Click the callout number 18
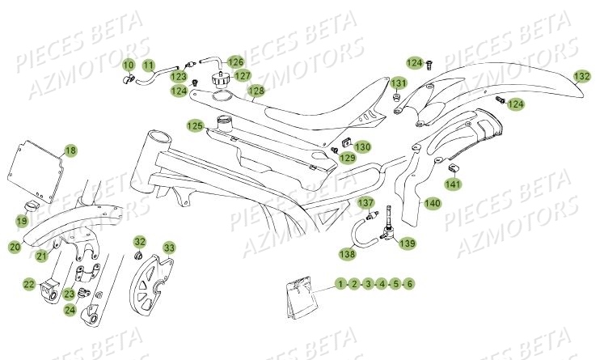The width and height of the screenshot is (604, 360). (x=70, y=150)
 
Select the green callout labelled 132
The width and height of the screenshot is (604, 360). (x=581, y=76)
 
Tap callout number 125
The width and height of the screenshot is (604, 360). (x=195, y=125)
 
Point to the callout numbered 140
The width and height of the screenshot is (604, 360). (x=433, y=203)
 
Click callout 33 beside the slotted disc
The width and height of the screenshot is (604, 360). (x=169, y=247)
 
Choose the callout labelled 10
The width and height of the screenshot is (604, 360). (x=129, y=64)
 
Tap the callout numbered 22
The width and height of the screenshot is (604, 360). (x=28, y=284)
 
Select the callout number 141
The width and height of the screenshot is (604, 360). (x=454, y=185)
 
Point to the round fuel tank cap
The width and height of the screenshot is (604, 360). (x=218, y=82)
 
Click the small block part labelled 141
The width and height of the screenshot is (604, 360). (x=454, y=167)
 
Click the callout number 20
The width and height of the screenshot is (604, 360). (x=15, y=247)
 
